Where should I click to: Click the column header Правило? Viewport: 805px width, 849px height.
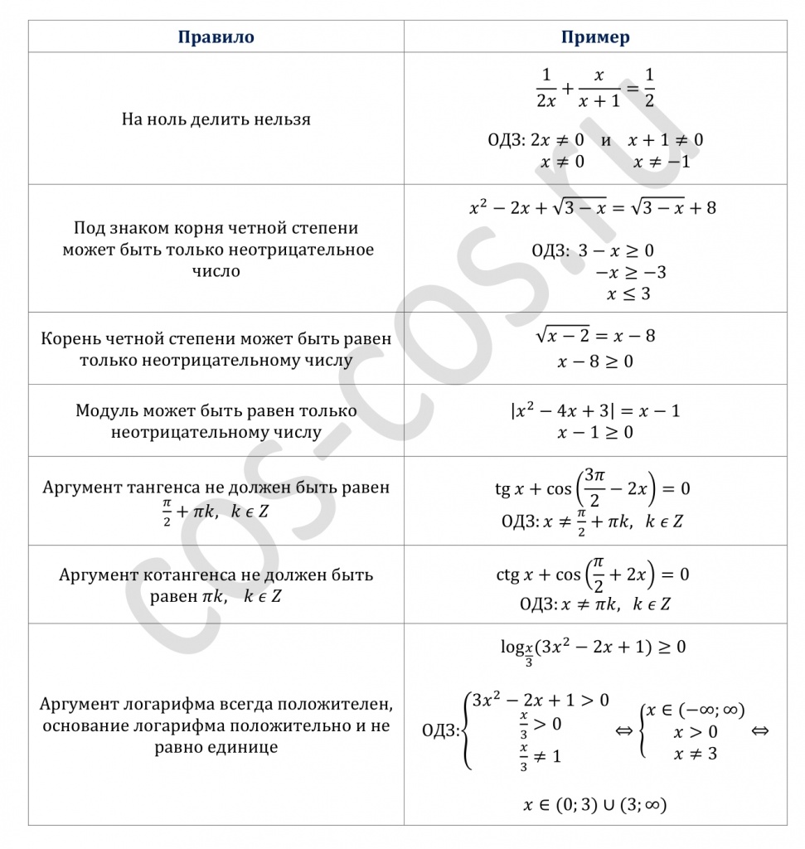tap(216, 37)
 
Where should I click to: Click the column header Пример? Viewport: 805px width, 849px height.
tap(595, 37)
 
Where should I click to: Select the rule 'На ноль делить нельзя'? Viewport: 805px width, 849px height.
tap(216, 119)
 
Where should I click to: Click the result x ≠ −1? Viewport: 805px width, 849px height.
tap(661, 162)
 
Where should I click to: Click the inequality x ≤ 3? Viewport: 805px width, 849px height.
tap(628, 294)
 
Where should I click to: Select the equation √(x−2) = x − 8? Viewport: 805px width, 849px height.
tap(595, 336)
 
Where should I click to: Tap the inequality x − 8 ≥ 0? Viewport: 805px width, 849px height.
tap(595, 361)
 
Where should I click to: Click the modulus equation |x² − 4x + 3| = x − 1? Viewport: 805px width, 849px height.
tap(595, 410)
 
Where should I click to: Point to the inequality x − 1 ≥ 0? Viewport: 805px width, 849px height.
tap(595, 433)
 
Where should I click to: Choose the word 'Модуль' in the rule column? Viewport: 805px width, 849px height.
tap(104, 411)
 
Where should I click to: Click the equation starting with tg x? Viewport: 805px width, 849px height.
tap(592, 488)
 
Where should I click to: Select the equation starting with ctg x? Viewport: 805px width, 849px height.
tap(592, 575)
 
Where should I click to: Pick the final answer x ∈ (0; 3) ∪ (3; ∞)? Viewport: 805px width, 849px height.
tap(595, 803)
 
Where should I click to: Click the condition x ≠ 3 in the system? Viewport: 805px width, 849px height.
tap(695, 754)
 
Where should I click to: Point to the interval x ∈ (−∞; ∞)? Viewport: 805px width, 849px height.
tap(695, 710)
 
